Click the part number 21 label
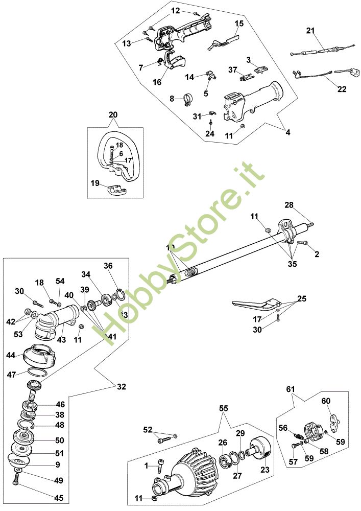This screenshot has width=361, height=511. (x=310, y=31)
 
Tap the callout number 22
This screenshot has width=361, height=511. (x=342, y=89)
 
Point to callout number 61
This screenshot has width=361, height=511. (x=291, y=390)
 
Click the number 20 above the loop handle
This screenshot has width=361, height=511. (x=113, y=115)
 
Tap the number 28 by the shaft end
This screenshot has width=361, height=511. (x=290, y=205)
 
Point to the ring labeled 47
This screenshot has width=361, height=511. (x=39, y=373)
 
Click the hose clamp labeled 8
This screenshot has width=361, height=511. (x=186, y=99)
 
